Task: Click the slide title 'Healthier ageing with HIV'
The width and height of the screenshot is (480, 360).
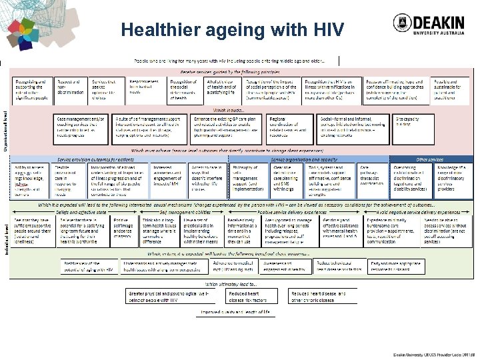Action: (x=233, y=30)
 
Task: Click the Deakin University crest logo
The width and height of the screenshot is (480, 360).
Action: (x=403, y=23)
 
